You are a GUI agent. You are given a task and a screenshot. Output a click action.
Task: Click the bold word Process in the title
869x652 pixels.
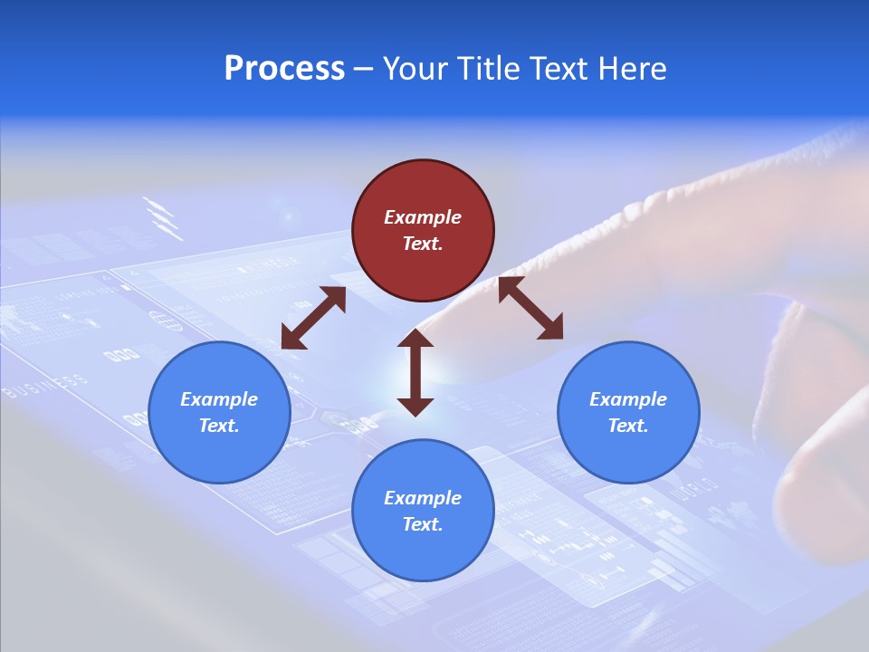(284, 69)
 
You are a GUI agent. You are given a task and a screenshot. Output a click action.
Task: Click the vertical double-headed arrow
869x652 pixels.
(415, 372)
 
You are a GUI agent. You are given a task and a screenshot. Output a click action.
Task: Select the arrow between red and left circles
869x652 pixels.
(313, 318)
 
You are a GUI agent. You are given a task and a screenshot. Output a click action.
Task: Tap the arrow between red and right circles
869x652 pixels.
(530, 309)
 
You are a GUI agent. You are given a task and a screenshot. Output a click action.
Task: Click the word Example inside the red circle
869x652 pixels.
(423, 217)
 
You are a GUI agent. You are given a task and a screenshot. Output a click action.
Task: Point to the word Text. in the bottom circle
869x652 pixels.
(423, 524)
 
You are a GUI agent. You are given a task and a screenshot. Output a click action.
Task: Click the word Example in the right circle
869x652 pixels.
(628, 399)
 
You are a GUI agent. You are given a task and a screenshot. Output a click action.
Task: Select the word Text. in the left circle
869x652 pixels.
(219, 426)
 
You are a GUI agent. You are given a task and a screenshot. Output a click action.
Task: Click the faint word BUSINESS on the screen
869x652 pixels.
(45, 387)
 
